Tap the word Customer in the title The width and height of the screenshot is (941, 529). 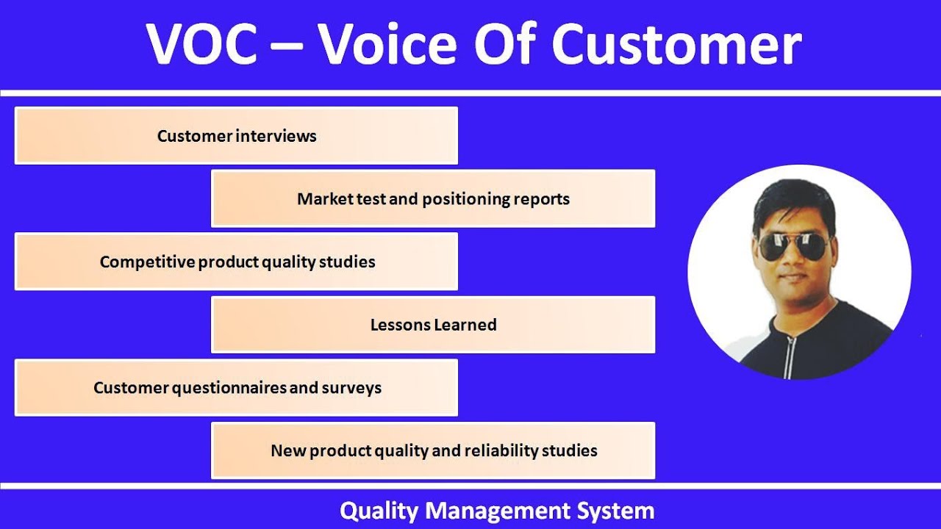click(676, 44)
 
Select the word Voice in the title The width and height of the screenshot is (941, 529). click(390, 44)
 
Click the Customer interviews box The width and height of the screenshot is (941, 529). click(236, 136)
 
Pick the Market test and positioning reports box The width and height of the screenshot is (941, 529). click(433, 199)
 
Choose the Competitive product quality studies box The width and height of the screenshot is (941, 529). click(236, 262)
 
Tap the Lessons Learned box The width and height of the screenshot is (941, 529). click(433, 325)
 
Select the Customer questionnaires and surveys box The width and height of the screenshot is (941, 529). click(236, 388)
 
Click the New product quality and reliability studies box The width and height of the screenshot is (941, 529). click(433, 450)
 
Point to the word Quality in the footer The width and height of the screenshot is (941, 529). click(379, 511)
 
